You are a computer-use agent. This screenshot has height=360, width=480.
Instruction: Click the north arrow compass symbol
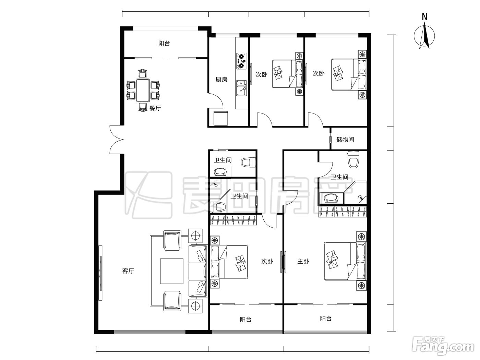click(424, 36)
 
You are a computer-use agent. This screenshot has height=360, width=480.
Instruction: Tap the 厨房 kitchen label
click(221, 80)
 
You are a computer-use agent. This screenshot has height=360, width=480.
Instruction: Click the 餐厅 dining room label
click(155, 108)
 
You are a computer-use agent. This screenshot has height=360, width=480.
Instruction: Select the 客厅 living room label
click(128, 271)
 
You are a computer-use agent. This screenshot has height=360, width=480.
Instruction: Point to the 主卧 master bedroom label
click(303, 261)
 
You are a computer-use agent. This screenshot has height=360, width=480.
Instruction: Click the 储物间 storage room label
click(345, 140)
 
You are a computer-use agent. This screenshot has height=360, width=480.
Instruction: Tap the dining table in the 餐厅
click(143, 91)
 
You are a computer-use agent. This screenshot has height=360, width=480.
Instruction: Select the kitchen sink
click(241, 88)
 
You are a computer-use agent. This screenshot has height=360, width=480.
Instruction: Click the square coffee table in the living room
click(172, 271)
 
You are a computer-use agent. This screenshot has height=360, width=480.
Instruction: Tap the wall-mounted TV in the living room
click(100, 273)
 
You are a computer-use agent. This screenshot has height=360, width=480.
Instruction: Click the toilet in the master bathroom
click(353, 159)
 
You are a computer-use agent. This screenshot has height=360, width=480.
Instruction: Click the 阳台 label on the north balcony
click(164, 43)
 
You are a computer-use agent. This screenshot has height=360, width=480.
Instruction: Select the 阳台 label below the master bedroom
click(326, 319)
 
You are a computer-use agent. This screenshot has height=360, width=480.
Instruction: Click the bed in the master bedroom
click(345, 261)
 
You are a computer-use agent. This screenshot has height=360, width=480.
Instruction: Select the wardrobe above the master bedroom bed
click(343, 212)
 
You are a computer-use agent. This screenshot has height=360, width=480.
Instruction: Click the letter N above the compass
click(424, 16)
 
